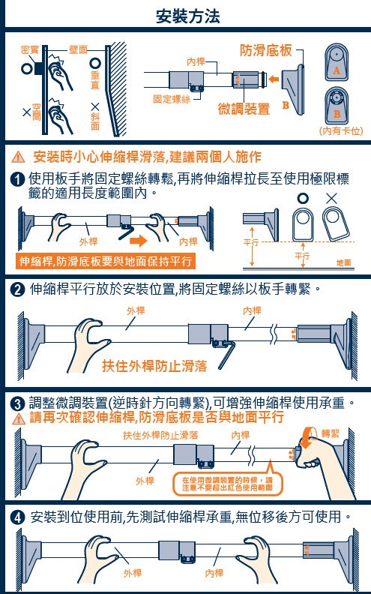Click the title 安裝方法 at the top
188,16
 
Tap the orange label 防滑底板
266,50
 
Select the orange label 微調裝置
244,109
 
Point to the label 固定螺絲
172,99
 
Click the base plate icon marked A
337,62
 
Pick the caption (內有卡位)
342,131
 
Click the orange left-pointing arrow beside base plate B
274,79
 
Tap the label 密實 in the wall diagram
30,49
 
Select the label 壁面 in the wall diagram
79,49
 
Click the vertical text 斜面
95,121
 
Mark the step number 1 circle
18,178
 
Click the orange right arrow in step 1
138,240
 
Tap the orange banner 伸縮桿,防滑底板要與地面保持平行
106,262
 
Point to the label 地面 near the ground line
344,262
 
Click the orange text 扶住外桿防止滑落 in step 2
154,365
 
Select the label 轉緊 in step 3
331,433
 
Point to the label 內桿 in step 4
214,573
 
